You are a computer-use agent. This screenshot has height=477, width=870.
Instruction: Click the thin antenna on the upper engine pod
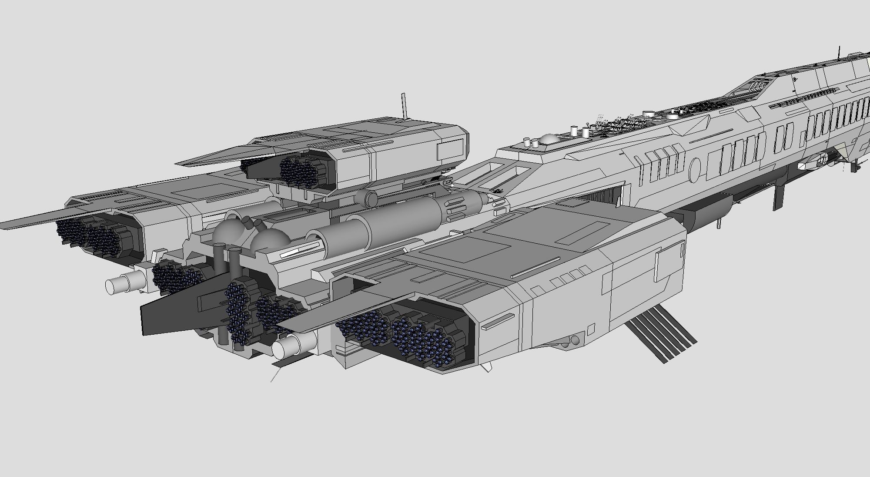(405, 104)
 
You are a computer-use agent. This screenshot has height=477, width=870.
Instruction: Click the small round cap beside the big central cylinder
(371, 199)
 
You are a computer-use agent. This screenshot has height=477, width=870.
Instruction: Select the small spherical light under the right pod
(575, 340)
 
